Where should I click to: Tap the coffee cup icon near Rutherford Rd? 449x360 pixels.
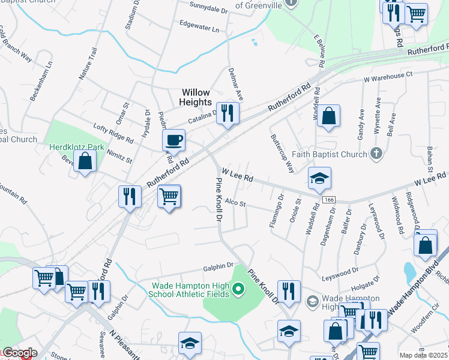[173, 140]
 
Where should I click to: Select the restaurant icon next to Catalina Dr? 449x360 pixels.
[227, 113]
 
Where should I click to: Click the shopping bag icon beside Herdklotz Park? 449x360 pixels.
[85, 161]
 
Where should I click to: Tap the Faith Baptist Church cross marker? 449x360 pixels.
[376, 154]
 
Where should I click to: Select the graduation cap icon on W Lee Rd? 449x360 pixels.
[320, 178]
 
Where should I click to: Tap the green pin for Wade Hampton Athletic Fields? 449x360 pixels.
[238, 290]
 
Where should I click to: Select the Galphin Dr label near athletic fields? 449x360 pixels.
[217, 265]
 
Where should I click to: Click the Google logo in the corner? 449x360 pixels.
[19, 353]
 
